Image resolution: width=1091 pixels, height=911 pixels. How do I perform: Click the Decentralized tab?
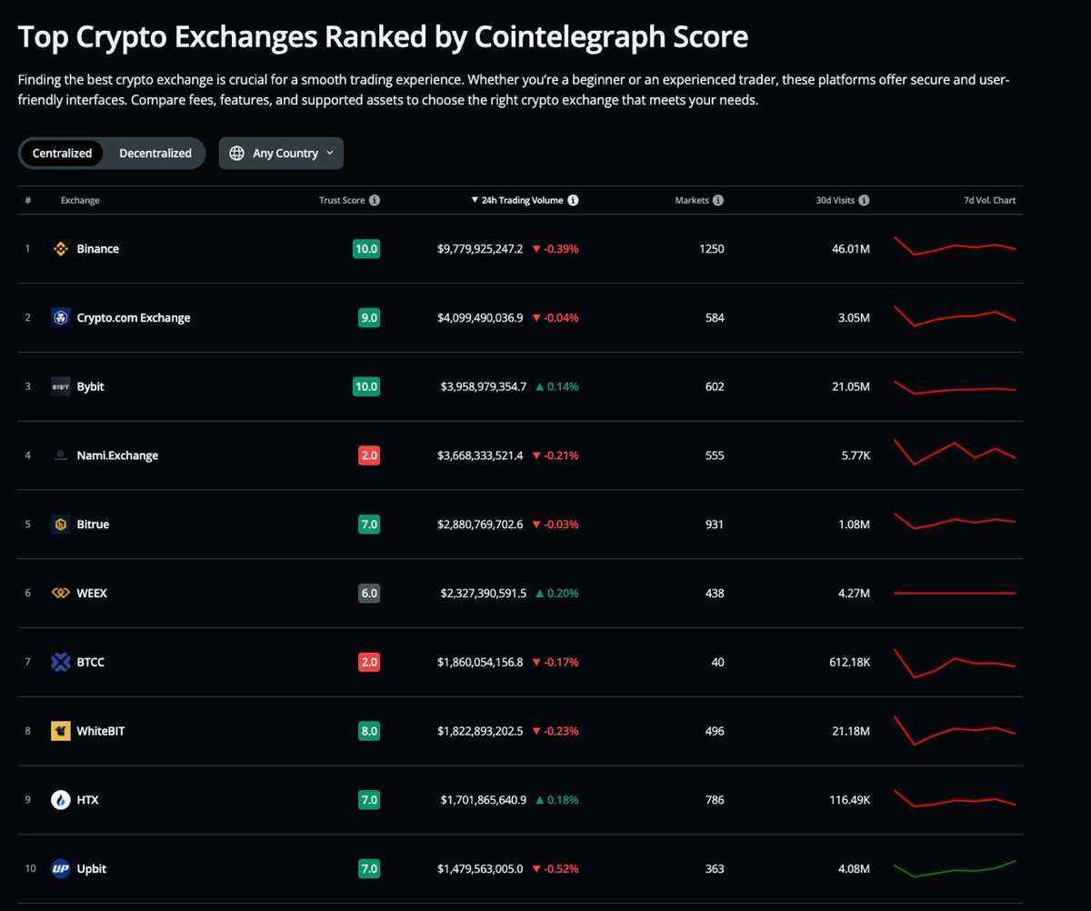(155, 153)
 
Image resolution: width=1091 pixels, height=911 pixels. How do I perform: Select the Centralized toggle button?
(62, 153)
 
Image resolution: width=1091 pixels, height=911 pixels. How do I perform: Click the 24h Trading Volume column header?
(522, 200)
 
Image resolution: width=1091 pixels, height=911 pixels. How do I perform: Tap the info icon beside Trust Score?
(375, 200)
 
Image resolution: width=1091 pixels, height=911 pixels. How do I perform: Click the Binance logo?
(61, 248)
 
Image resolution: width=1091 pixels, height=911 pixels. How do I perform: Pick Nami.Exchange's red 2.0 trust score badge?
(369, 455)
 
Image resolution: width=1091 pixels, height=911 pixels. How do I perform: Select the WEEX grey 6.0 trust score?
(369, 593)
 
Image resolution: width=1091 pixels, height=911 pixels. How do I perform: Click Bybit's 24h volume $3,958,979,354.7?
(482, 386)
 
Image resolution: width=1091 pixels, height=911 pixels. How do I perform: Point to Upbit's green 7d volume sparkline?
(955, 868)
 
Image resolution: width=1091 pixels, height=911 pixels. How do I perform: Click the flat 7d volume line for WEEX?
(955, 593)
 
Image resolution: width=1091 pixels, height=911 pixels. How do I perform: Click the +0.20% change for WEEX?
(556, 593)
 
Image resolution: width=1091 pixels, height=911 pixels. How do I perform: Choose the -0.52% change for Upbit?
(556, 869)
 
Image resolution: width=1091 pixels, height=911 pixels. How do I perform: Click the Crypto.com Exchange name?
(134, 317)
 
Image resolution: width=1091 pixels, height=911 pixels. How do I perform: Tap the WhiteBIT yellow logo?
(61, 731)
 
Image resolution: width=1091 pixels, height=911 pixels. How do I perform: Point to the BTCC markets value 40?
(717, 662)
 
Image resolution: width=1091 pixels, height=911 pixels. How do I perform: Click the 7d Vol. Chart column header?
(990, 200)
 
